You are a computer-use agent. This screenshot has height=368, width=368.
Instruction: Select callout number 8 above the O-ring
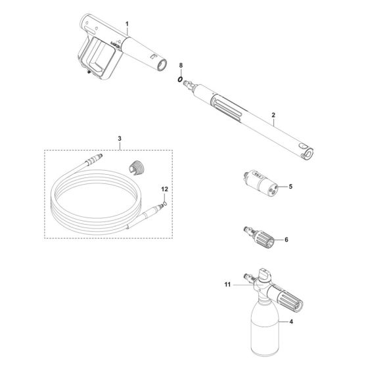pos(181,65)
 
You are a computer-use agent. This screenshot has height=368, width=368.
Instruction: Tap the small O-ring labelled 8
pos(179,79)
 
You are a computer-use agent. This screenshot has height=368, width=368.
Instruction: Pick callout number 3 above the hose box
pos(120,139)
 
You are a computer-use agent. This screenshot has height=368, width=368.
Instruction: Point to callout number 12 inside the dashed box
pos(165,189)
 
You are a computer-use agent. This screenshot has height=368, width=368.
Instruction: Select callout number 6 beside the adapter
pos(286,241)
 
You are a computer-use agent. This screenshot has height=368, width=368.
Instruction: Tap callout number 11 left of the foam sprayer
pos(228,285)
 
